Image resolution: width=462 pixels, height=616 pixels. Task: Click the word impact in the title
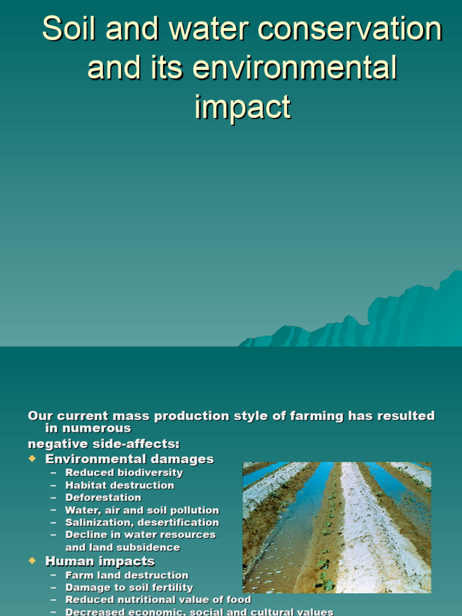point(242,106)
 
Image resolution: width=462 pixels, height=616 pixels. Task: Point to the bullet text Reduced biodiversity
point(124,473)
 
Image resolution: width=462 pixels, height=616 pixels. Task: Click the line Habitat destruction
point(120,485)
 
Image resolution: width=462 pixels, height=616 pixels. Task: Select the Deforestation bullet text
point(103,497)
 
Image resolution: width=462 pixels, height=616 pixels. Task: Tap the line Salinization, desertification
point(142,523)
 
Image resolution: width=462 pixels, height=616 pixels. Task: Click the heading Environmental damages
point(129,459)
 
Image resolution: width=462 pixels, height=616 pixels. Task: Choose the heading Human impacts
point(100,561)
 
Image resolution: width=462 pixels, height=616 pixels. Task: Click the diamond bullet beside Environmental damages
point(32,459)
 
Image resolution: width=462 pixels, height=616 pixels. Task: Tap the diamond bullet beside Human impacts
point(32,561)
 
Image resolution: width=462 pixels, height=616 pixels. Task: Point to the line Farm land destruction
point(127,576)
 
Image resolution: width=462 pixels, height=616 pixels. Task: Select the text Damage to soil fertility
point(129,588)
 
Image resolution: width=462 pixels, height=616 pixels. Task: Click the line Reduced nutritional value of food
point(158,600)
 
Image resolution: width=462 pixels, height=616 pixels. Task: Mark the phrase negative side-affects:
point(103,445)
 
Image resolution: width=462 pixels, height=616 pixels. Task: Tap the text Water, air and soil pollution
point(142,510)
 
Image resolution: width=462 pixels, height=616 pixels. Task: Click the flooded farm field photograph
point(337,528)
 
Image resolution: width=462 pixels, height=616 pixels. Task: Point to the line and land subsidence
point(123,548)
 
